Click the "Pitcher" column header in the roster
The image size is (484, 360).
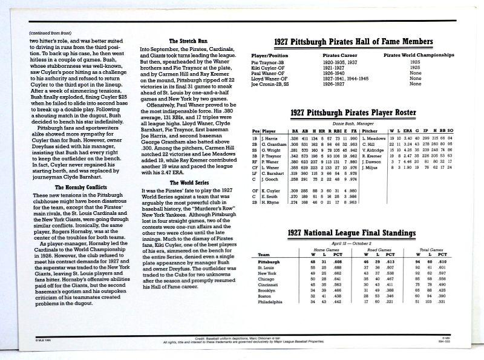[x=370, y=131]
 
